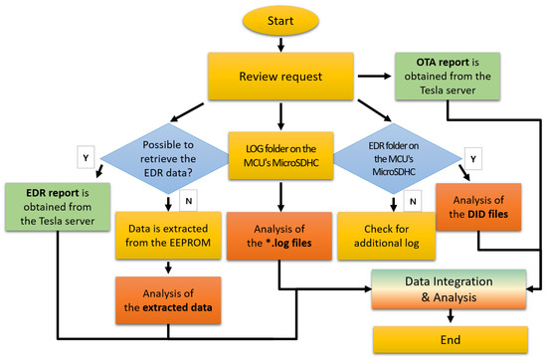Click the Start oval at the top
click(278, 18)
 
